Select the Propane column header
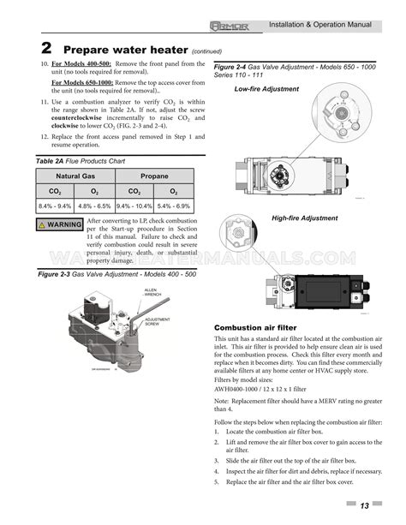click(154, 176)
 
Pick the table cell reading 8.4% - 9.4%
click(56, 206)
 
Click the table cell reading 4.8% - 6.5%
click(94, 206)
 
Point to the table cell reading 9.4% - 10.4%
click(134, 206)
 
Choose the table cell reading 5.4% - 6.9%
click(173, 206)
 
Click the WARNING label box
click(60, 225)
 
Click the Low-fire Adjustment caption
click(266, 89)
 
